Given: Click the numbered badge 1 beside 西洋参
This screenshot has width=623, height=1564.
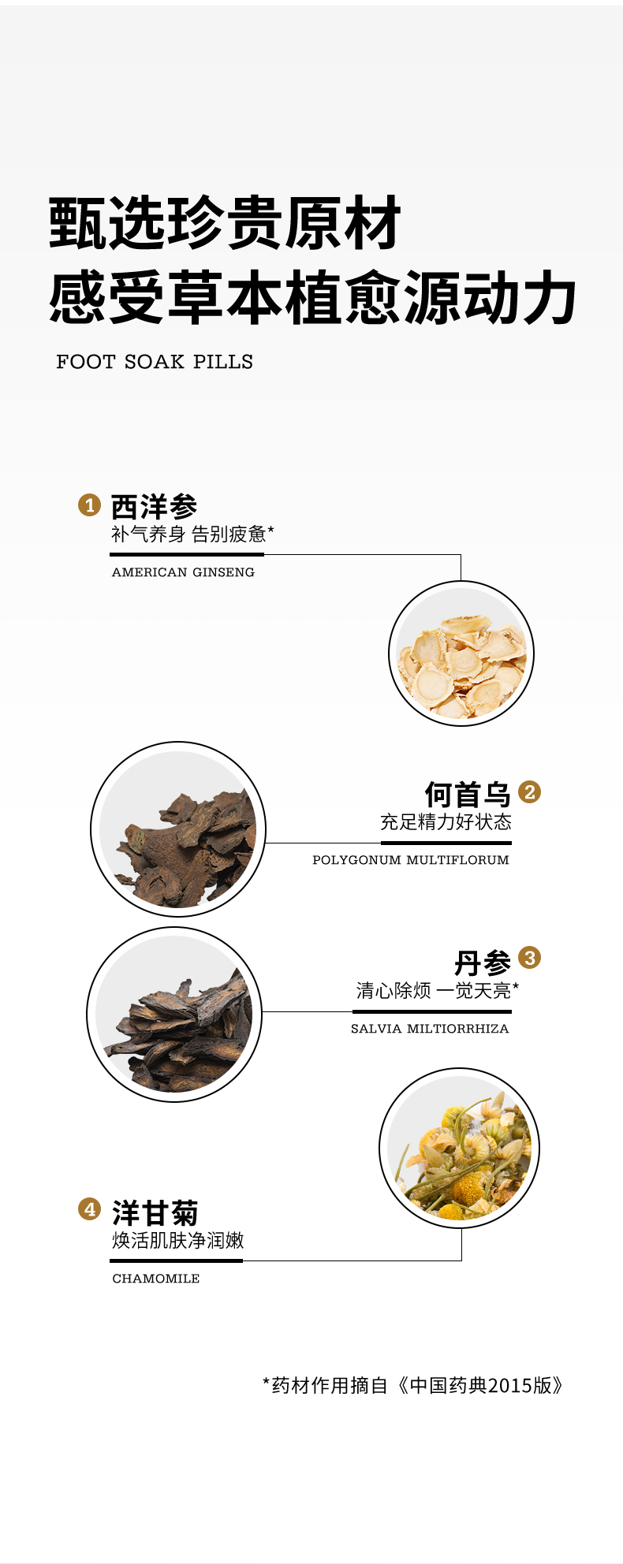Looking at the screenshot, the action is [90, 505].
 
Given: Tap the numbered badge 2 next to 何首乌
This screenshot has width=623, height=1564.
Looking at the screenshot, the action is [530, 791].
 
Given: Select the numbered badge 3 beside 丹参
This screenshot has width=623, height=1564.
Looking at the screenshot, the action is [530, 958].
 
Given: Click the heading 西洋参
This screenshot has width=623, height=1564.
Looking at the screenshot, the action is [154, 507].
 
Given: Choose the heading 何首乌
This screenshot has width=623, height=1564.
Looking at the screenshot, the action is [468, 794].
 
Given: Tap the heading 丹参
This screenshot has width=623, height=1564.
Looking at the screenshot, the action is [483, 963].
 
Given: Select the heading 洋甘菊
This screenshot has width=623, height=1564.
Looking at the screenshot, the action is [155, 1212].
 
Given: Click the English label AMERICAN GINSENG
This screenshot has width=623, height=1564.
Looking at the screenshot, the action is [183, 572].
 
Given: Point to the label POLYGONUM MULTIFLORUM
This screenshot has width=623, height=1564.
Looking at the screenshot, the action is [411, 860].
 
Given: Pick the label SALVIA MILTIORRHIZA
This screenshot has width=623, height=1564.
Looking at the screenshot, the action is [430, 1029].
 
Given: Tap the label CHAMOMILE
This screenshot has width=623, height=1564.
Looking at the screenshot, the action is [156, 1279].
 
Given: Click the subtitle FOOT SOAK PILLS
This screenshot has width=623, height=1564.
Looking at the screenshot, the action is [155, 362].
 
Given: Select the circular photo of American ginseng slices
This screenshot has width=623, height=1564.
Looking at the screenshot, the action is [461, 654].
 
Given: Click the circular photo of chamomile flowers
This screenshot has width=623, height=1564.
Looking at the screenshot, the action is [460, 1148].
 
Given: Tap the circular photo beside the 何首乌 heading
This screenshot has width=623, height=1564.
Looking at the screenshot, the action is [178, 829].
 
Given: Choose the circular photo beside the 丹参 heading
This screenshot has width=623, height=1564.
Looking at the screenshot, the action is [174, 1015].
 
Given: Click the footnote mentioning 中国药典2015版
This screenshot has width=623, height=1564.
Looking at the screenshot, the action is [414, 1385].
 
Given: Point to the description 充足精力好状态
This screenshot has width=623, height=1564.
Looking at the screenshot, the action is [446, 822].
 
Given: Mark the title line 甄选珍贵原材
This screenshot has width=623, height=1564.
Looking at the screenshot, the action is [226, 223].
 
